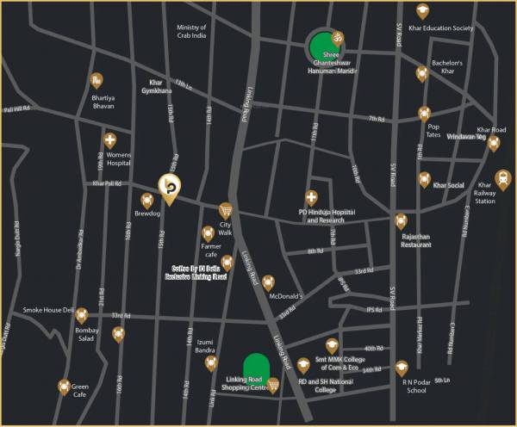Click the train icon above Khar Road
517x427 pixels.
[x=494, y=144]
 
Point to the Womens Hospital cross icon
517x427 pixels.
[x=109, y=140]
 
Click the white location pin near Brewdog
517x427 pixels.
[x=168, y=186]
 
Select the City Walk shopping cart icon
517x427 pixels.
[x=226, y=209]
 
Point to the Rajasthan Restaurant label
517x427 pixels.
[x=414, y=240]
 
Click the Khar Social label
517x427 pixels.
[x=448, y=185]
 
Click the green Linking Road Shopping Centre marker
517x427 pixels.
[x=255, y=366]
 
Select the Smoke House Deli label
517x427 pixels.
[x=49, y=310]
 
